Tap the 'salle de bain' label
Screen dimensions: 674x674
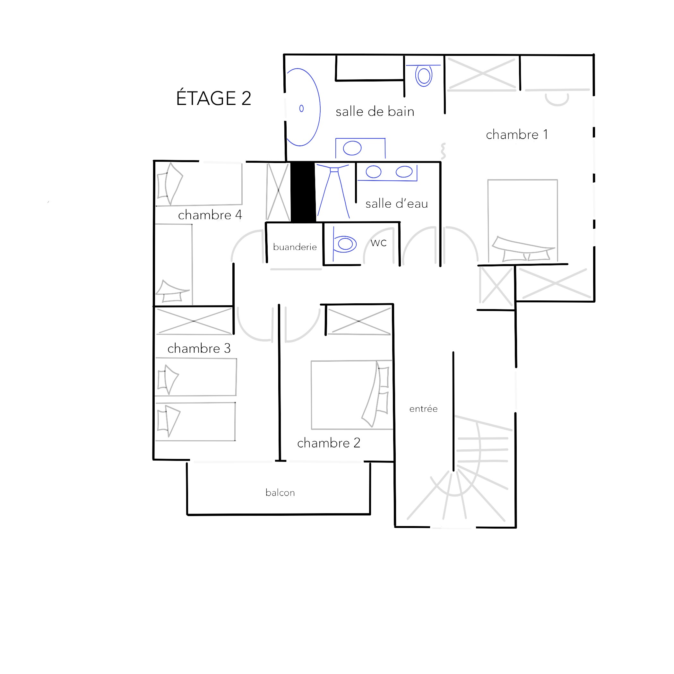click(375, 112)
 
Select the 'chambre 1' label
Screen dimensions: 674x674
click(517, 135)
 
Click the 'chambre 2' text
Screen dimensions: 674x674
click(329, 443)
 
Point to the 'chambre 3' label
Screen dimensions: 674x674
click(199, 348)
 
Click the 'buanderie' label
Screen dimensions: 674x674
click(295, 247)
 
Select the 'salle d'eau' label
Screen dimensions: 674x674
click(397, 203)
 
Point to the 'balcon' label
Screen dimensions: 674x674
click(280, 493)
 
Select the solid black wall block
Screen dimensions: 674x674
click(303, 192)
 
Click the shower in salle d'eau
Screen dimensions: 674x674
click(333, 191)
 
